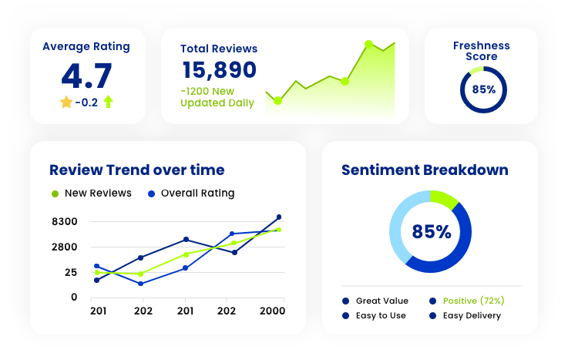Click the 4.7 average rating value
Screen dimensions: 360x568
click(x=86, y=76)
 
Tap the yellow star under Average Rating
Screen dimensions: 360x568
click(x=66, y=102)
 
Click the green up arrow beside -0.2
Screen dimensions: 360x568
click(x=108, y=102)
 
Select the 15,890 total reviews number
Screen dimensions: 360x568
click(x=219, y=70)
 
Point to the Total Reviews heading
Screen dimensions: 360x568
click(x=219, y=49)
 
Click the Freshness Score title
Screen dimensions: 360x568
click(x=481, y=51)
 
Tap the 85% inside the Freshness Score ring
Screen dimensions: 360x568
click(x=483, y=89)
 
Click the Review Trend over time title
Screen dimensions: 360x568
click(x=136, y=170)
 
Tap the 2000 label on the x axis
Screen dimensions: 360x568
click(x=271, y=311)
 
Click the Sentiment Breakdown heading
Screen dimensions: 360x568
click(x=425, y=170)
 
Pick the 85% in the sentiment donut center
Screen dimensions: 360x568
click(x=431, y=231)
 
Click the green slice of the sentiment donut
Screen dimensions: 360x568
click(x=444, y=199)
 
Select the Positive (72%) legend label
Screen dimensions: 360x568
click(x=473, y=300)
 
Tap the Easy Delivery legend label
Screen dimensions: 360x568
click(x=472, y=315)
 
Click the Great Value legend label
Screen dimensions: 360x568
click(x=382, y=301)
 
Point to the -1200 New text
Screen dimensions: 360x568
click(x=207, y=91)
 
